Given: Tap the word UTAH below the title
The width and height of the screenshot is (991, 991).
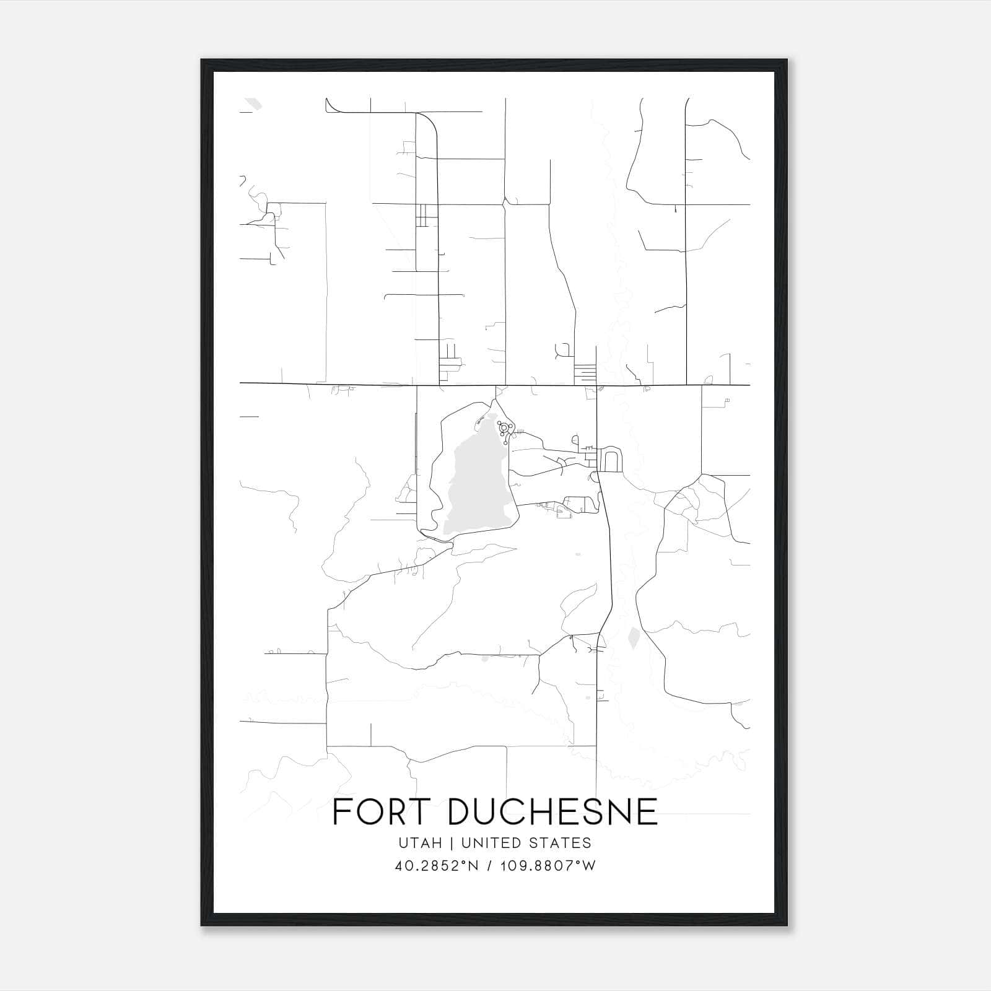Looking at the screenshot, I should (x=420, y=843).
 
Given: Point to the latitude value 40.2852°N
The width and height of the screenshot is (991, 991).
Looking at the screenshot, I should (x=436, y=866).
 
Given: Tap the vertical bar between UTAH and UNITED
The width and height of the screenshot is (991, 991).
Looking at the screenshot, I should (x=451, y=843).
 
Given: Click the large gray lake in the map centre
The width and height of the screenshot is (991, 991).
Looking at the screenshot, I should (x=477, y=489).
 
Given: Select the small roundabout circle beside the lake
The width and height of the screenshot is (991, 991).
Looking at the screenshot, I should (x=504, y=427).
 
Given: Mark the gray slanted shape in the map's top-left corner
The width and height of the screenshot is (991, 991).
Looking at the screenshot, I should (x=253, y=103).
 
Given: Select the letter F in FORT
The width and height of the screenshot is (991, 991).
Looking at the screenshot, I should (x=341, y=811).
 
